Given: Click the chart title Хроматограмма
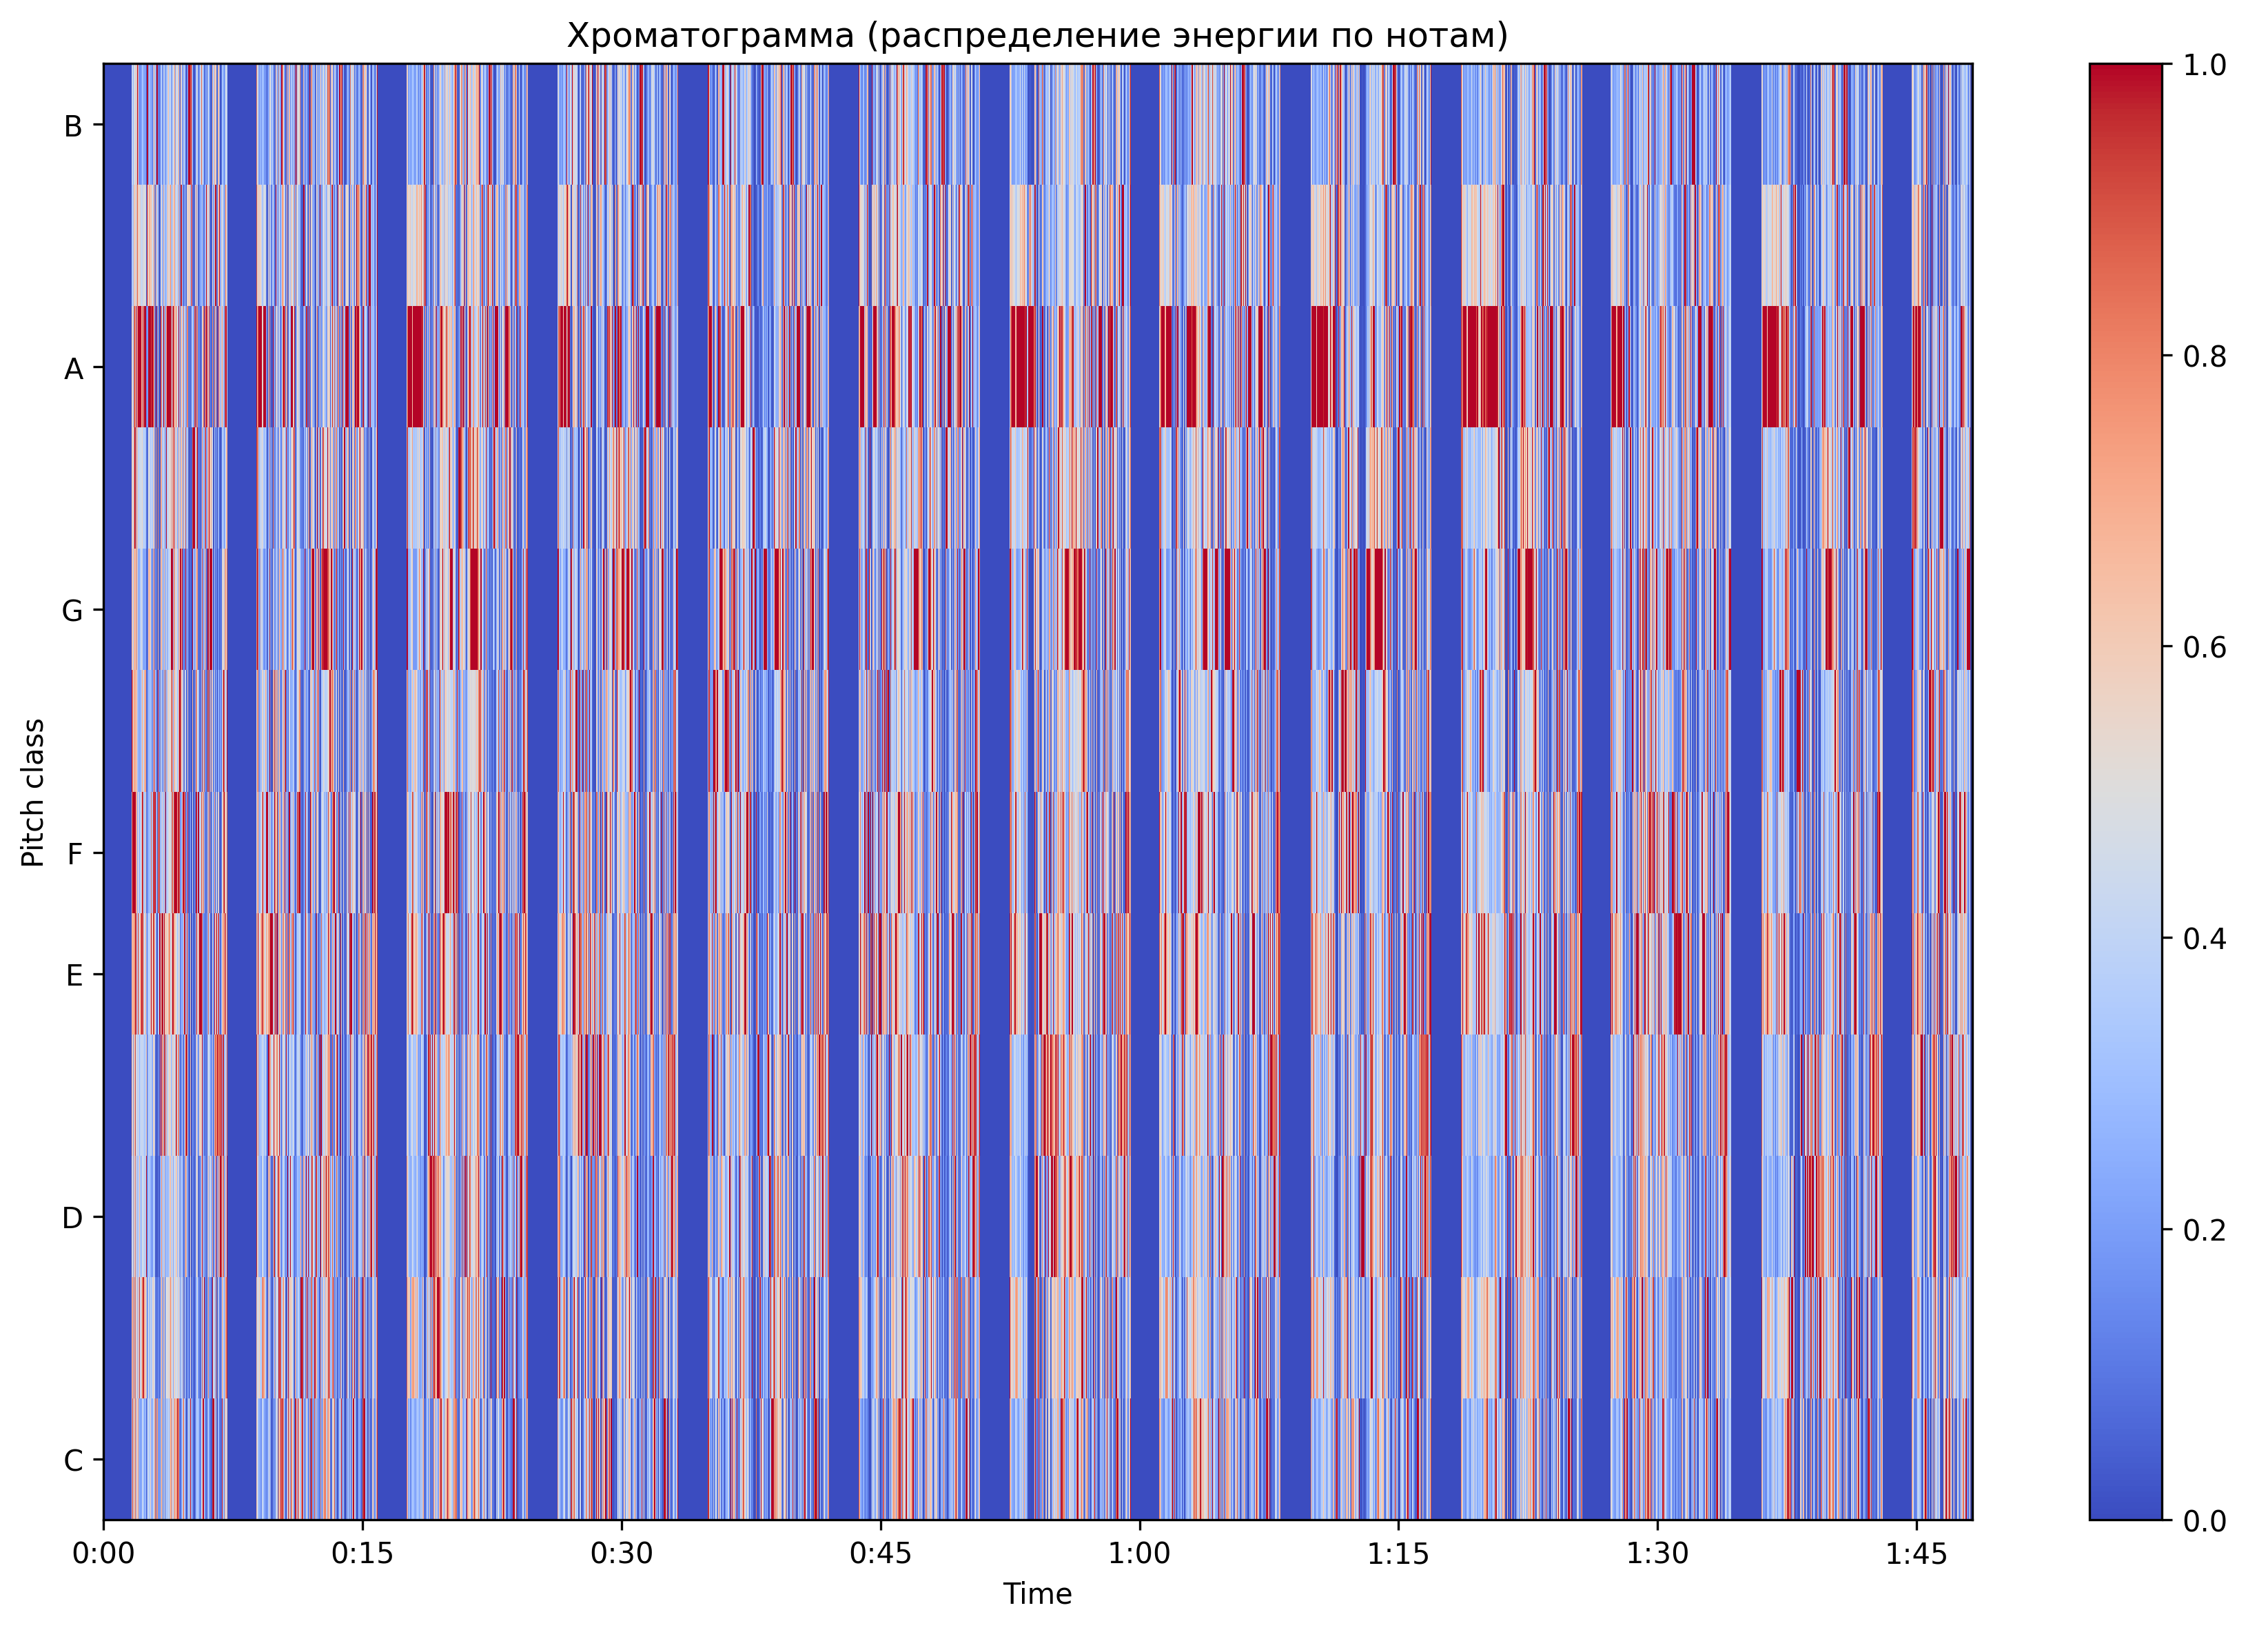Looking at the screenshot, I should (x=1036, y=36).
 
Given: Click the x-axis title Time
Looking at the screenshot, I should (x=1036, y=1593).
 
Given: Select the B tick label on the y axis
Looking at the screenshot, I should (x=72, y=127).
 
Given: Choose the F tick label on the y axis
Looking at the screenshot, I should (x=73, y=855).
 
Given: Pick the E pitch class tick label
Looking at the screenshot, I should (x=73, y=976).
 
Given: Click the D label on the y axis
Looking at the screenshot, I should (x=72, y=1219).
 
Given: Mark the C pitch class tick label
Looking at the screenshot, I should (x=72, y=1460).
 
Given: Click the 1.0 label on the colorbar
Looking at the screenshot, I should (x=2205, y=65).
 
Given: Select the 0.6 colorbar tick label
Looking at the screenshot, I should (x=2205, y=646).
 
